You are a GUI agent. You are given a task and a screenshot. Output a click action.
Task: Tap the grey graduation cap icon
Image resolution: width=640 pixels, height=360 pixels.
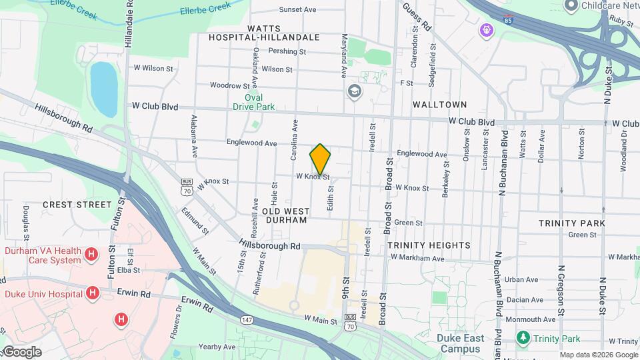354,91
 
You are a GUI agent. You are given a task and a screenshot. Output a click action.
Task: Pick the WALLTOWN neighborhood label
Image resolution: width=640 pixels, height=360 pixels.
439,105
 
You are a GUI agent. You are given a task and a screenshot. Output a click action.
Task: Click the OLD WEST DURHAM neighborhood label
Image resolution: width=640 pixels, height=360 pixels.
285,215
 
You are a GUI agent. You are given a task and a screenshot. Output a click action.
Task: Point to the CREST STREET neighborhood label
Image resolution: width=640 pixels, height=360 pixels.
77,204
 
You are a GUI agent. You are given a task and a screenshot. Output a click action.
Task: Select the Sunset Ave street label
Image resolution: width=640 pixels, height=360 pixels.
297,10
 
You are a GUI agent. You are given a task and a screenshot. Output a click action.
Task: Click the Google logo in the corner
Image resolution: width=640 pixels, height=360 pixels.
22,352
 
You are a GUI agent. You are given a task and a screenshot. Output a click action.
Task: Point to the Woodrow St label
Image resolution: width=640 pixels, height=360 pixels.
229,85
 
